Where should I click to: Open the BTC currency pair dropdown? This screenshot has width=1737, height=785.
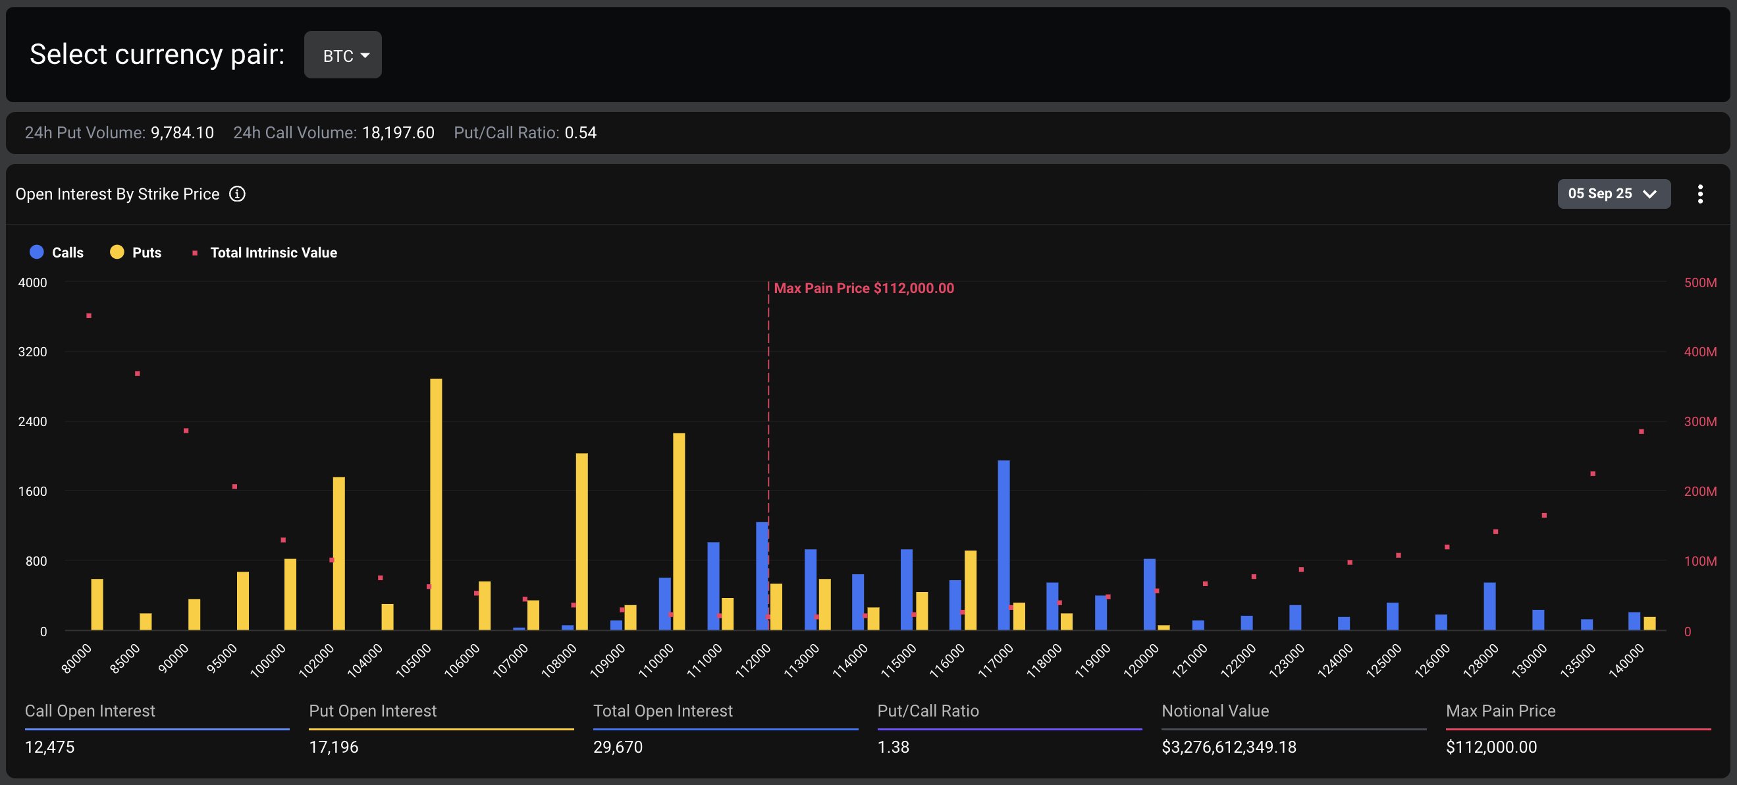[x=342, y=55]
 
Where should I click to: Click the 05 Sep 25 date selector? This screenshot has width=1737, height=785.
[x=1613, y=194]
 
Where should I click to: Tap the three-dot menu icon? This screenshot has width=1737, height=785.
[x=1700, y=194]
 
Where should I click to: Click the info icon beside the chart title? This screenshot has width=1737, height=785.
[x=237, y=194]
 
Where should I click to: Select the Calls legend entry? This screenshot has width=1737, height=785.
[x=57, y=252]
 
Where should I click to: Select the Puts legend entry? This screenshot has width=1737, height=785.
[x=136, y=252]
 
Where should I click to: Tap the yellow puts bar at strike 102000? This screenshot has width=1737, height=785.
[x=338, y=553]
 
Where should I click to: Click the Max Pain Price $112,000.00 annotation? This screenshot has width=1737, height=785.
[x=864, y=288]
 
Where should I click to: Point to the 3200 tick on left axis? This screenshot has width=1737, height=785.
[x=32, y=352]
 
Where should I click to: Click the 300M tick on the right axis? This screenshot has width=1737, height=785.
[x=1700, y=421]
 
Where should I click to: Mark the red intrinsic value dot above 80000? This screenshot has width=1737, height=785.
[x=89, y=315]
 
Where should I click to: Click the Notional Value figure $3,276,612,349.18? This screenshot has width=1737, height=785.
[x=1229, y=747]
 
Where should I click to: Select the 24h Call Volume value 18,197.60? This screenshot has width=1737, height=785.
[x=398, y=133]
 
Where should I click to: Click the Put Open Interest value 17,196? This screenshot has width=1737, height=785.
[x=334, y=747]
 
